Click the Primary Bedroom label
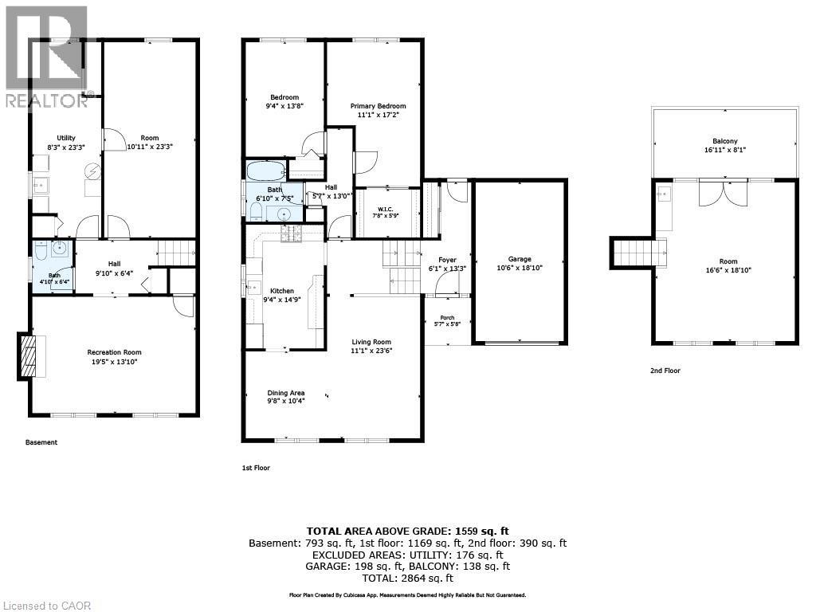[378, 106]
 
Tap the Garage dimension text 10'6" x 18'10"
[520, 268]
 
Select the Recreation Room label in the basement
[114, 352]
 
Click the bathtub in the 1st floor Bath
[265, 171]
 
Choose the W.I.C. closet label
[385, 210]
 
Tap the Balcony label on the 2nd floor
[725, 141]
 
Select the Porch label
[447, 317]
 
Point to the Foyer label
[447, 260]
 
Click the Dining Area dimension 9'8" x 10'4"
[286, 401]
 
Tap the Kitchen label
[282, 291]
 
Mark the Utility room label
[66, 138]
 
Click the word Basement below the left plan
[41, 442]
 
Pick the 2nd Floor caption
[665, 371]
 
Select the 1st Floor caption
[256, 468]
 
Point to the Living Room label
[371, 342]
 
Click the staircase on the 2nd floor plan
[641, 253]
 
